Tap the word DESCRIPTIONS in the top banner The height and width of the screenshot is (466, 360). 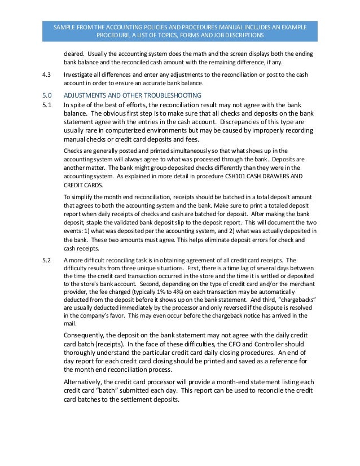click(x=241, y=35)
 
